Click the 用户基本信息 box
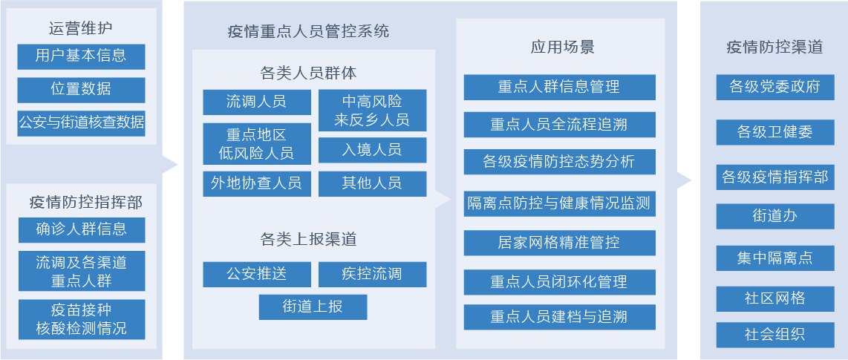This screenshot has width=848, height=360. click(x=81, y=56)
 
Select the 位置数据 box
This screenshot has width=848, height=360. click(x=81, y=90)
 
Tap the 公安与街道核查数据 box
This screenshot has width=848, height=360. click(x=81, y=123)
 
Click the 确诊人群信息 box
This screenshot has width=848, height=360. click(x=82, y=229)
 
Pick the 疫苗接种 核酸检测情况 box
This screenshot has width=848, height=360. click(x=82, y=319)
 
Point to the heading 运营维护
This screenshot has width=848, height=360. click(x=81, y=28)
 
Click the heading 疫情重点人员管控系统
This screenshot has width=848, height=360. click(x=308, y=31)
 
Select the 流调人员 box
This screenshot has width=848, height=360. click(x=257, y=102)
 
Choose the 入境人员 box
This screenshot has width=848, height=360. click(x=372, y=150)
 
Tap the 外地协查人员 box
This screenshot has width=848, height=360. click(x=257, y=184)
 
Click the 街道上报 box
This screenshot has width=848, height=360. click(x=313, y=307)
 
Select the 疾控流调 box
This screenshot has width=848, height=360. click(x=372, y=274)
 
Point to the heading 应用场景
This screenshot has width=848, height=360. click(x=562, y=48)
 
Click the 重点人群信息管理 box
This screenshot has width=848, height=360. click(x=559, y=87)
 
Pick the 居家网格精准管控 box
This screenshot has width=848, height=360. click(x=559, y=243)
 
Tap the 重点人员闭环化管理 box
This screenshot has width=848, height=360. click(x=559, y=281)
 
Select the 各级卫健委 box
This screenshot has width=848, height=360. click(x=775, y=132)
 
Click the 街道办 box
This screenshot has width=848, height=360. click(x=775, y=216)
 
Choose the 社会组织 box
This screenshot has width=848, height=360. click(x=775, y=335)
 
